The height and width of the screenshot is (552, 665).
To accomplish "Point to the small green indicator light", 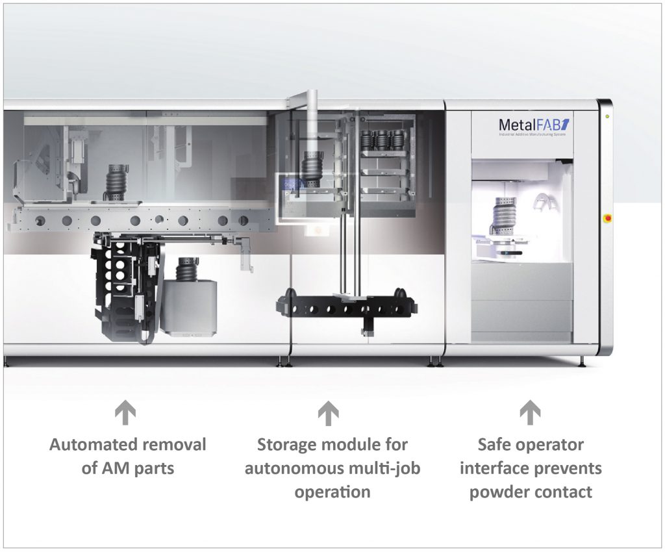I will point(607,117).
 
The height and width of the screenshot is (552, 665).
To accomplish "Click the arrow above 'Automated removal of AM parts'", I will point(127,412).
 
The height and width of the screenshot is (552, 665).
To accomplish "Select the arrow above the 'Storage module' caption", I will point(329,412).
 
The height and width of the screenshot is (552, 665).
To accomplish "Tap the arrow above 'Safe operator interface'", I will point(531,412).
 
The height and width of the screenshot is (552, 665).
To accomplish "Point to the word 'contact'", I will point(564,492).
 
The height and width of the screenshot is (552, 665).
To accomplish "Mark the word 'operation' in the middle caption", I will point(332,492).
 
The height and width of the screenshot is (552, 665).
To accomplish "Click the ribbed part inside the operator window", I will point(507,214).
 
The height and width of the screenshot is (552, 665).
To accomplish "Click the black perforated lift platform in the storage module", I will point(344,305).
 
